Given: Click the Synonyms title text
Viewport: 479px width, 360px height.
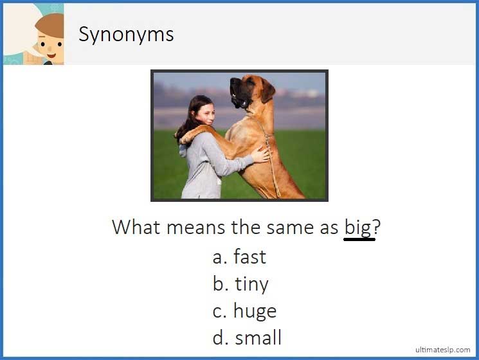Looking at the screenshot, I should [126, 34].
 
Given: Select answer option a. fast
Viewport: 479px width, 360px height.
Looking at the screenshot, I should [239, 257].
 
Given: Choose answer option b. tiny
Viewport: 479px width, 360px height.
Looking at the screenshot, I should [240, 284].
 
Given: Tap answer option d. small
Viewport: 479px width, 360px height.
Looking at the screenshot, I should [247, 337].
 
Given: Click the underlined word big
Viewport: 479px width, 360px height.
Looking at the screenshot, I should [358, 228].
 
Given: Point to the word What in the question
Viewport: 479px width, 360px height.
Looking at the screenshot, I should [136, 227].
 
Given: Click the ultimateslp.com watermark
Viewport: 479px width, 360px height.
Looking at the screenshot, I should [442, 350].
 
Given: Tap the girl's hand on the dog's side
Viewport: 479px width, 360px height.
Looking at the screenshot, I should [260, 155].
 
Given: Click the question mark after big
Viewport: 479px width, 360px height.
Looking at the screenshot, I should [377, 227].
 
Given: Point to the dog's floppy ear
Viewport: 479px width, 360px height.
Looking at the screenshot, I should [266, 90].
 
